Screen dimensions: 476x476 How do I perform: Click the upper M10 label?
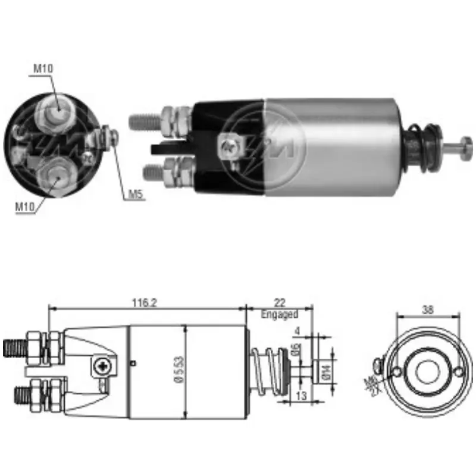pyautogui.click(x=43, y=68)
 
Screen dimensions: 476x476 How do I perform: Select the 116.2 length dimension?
pyautogui.click(x=145, y=302)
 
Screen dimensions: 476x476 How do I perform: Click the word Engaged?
pyautogui.click(x=278, y=314)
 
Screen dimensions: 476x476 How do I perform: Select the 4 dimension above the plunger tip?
pyautogui.click(x=296, y=331)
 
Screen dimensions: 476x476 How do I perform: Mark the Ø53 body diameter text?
pyautogui.click(x=179, y=372)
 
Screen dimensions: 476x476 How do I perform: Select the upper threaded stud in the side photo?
pyautogui.click(x=144, y=121)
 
